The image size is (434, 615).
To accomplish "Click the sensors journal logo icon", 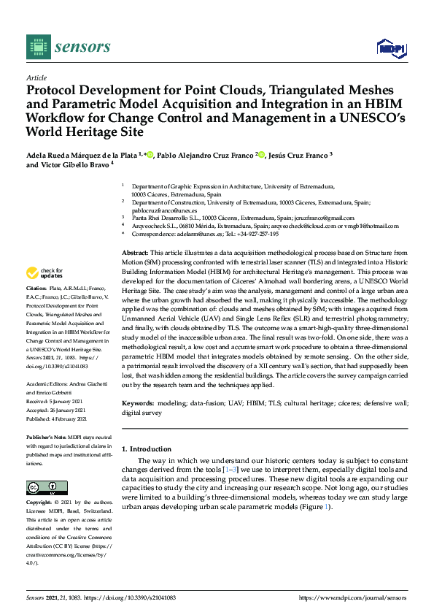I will pos(36,47).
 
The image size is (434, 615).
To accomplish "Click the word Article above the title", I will pos(36,77).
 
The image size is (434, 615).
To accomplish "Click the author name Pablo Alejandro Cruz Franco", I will pos(205,155).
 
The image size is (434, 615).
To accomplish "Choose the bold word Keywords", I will pos(139,403).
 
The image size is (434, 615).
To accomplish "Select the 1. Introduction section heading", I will pos(147,449).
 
